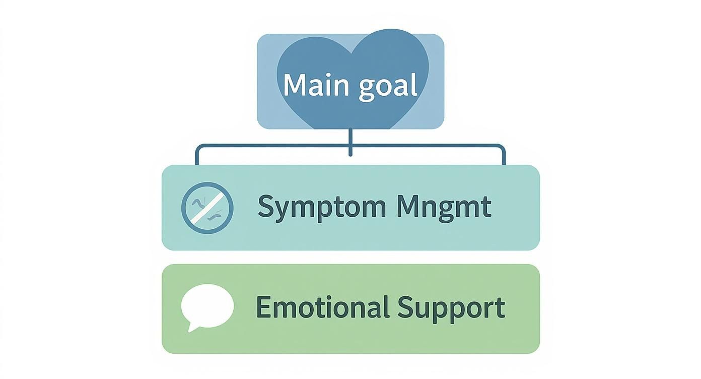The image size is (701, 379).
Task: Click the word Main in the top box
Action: coord(315,85)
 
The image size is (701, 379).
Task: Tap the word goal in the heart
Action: coord(388,87)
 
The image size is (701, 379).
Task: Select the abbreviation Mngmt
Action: coord(444,207)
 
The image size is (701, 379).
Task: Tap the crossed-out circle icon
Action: coord(207,207)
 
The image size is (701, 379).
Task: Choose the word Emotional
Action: coord(322,307)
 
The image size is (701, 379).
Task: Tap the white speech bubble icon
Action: coord(207,305)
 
